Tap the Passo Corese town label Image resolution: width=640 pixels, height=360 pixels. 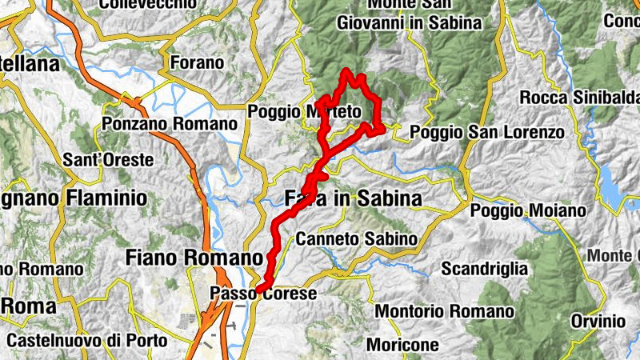pyautogui.click(x=263, y=294)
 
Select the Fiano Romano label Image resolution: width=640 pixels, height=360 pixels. pyautogui.click(x=194, y=258)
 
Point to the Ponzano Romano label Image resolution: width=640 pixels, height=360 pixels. pyautogui.click(x=170, y=125)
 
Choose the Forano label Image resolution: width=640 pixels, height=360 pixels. pyautogui.click(x=197, y=62)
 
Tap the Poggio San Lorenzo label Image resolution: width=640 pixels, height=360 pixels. pyautogui.click(x=486, y=132)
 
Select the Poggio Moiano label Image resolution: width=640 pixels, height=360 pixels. pyautogui.click(x=528, y=210)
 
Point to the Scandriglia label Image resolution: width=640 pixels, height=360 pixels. pyautogui.click(x=484, y=268)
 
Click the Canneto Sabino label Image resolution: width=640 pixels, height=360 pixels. pyautogui.click(x=356, y=238)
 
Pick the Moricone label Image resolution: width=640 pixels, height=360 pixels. pyautogui.click(x=402, y=345)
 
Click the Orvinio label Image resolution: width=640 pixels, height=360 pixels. pyautogui.click(x=598, y=321)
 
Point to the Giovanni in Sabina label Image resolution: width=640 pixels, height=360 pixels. pyautogui.click(x=410, y=22)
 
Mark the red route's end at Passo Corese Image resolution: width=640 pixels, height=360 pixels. pyautogui.click(x=258, y=290)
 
